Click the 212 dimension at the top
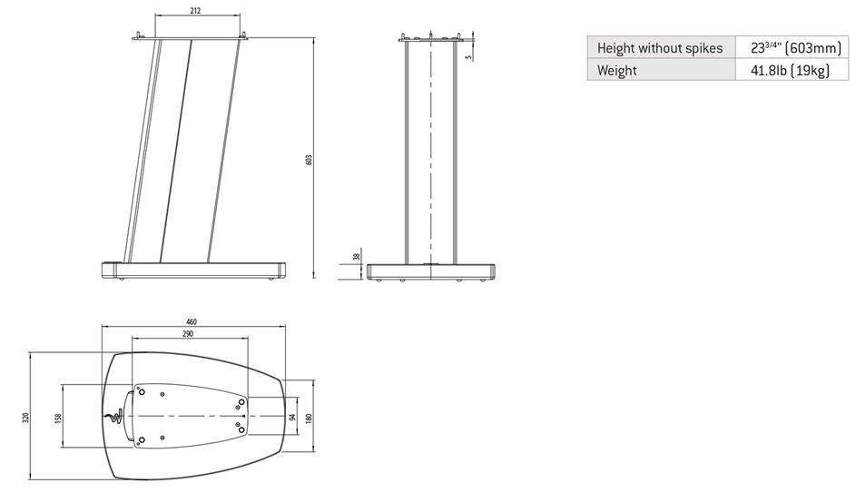point(196,10)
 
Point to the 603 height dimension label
point(309,160)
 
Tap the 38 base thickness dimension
point(357,256)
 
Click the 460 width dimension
point(192,322)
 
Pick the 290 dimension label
point(188,333)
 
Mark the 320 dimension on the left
point(25,418)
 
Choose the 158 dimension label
point(59,418)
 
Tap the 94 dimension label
point(292,417)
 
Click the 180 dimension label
point(308,418)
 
